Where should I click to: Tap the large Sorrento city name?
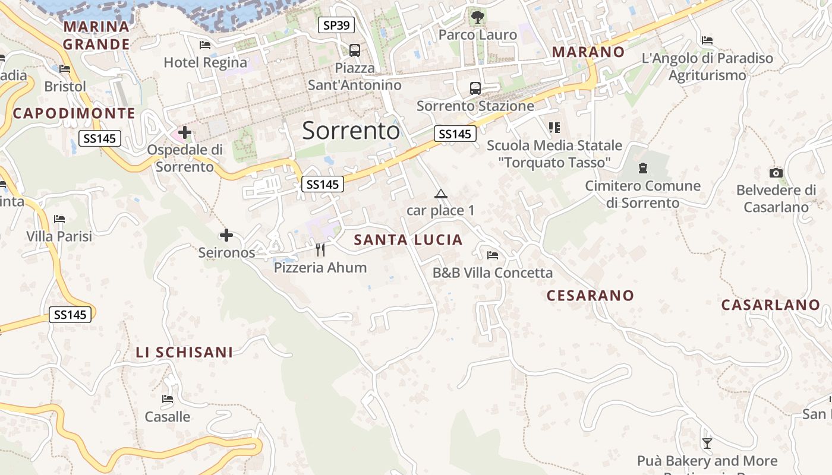pos(351,131)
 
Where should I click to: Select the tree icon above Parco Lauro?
pos(477,17)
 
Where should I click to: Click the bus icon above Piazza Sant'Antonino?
pos(355,50)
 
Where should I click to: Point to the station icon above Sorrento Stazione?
pos(475,88)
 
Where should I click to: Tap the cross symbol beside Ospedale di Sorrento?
pos(185,132)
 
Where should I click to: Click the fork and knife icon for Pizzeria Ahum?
pos(320,249)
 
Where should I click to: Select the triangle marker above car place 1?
pos(440,194)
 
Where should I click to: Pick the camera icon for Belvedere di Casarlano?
pos(776,173)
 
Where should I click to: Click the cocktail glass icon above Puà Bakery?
pos(707,443)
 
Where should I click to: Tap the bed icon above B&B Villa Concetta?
pos(493,255)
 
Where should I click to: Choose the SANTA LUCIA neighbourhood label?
pos(408,240)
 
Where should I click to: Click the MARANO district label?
pos(588,52)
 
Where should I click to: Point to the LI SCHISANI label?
pos(184,352)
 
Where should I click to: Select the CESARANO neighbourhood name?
pos(590,295)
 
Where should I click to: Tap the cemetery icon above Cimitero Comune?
pos(642,168)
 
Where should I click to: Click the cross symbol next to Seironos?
pos(226,235)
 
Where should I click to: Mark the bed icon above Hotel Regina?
pos(205,45)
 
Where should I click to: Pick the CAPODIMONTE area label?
pos(74,113)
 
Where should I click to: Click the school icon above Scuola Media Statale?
pos(554,127)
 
